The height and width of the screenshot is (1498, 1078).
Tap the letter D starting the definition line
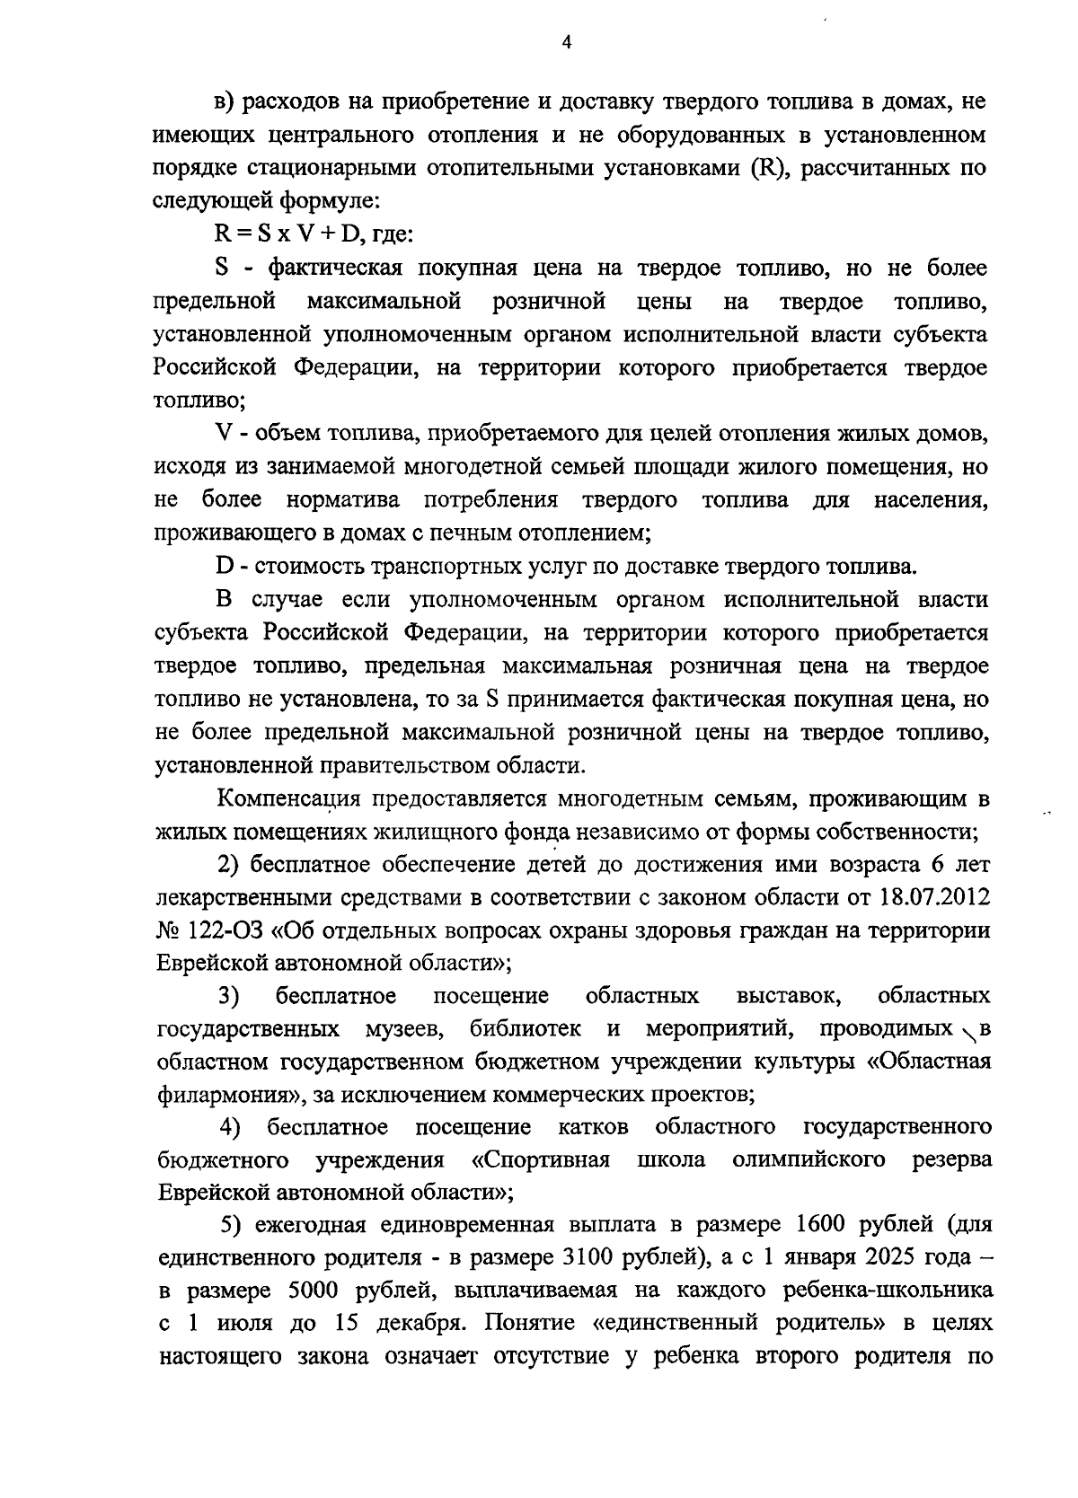pos(224,567)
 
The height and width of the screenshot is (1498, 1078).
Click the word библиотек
pos(526,1028)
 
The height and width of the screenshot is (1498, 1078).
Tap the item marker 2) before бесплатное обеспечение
pos(230,864)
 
